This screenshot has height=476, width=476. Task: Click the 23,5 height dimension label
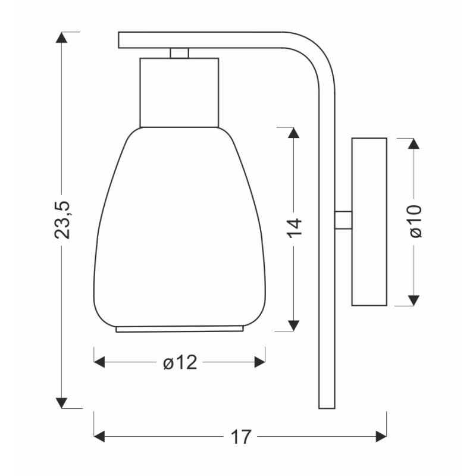[62, 220]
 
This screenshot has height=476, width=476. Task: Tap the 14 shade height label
[294, 228]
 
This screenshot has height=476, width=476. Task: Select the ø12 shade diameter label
[180, 362]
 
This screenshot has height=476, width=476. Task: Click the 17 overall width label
[241, 437]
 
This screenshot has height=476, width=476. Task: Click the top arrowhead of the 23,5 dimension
[62, 37]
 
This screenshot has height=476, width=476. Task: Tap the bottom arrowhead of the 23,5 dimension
[62, 403]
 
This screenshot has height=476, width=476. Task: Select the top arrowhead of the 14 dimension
[293, 133]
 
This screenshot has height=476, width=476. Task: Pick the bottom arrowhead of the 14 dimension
[293, 325]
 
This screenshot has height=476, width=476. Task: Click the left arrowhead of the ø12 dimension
[99, 362]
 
